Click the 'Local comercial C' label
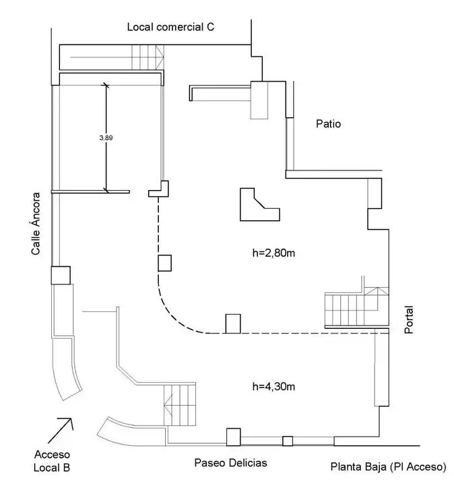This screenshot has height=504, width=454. coord(170,27)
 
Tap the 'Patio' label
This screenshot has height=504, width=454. coord(328,124)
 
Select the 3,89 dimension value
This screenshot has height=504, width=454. coord(106,138)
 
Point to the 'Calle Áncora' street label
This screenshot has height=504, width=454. coord(36,224)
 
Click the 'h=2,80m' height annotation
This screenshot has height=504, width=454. coord(273,253)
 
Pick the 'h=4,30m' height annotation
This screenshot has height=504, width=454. coord(273,386)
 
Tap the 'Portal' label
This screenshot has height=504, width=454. coord(409,320)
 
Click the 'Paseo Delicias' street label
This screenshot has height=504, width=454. coord(230,463)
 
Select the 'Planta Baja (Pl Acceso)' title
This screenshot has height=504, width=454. coord(389,467)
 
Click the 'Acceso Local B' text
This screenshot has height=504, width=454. coord(52,461)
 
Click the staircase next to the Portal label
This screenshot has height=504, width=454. coord(356,308)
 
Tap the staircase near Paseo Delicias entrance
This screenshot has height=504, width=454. coord(180,404)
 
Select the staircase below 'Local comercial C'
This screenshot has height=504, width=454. coord(148,57)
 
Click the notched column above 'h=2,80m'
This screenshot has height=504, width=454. coord(259,204)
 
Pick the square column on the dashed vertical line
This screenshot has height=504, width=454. coord(165,263)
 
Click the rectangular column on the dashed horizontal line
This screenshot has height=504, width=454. coord(233,323)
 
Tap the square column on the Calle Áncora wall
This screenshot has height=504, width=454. coord(61,275)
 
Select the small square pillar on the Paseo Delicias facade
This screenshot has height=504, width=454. coord(288,441)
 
